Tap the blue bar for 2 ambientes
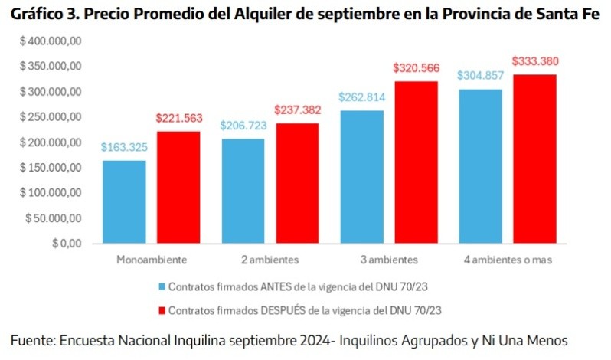tap(242, 191)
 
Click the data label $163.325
tap(124, 147)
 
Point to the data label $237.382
tap(298, 110)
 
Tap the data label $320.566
tap(416, 68)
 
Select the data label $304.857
tap(480, 75)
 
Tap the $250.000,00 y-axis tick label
tap(51, 117)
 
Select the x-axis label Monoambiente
tap(152, 260)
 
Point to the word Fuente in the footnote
tap(31, 340)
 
